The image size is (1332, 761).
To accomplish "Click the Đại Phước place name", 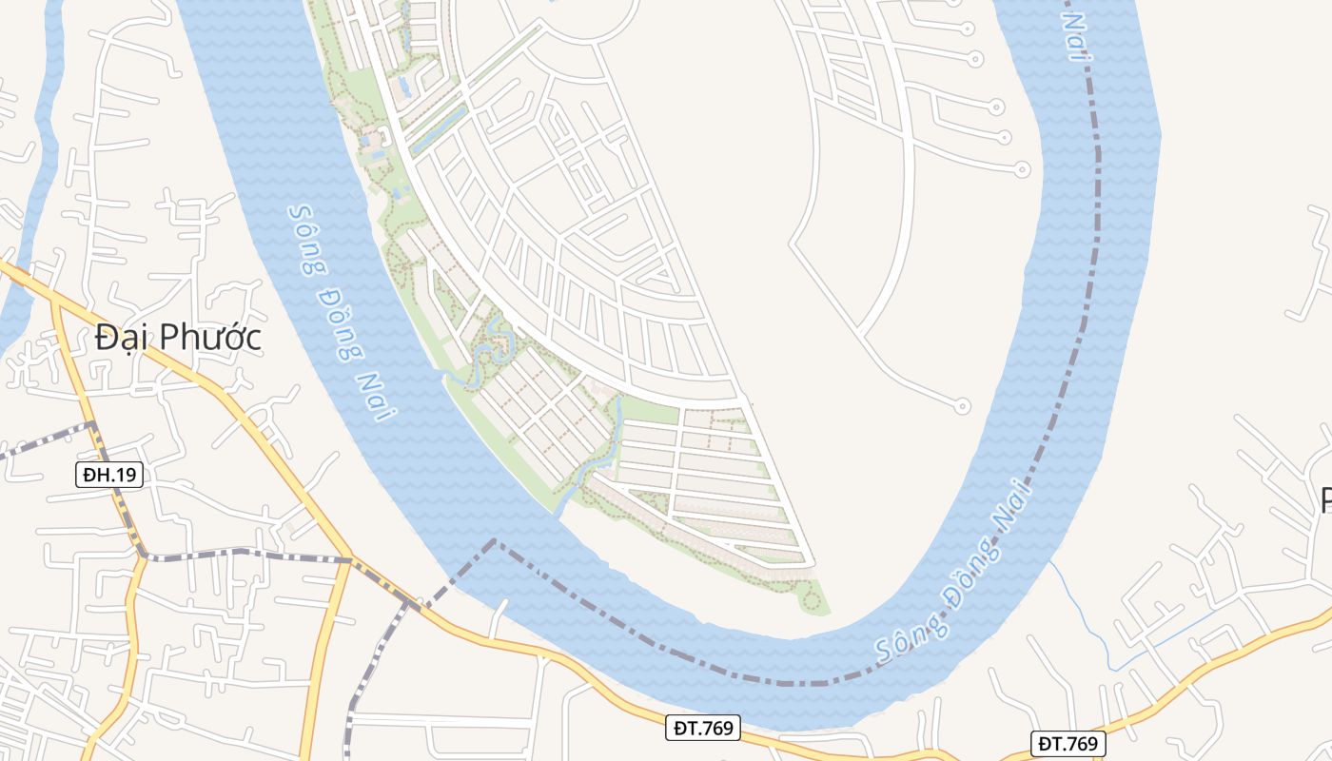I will pos(178,338).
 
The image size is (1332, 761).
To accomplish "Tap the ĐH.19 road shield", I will pos(109,475).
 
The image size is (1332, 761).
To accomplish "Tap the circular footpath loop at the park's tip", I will pos(811,598).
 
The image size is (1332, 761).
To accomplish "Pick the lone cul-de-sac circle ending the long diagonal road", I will pos(962,406).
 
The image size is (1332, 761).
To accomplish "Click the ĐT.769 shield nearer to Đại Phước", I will pos(702,729).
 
